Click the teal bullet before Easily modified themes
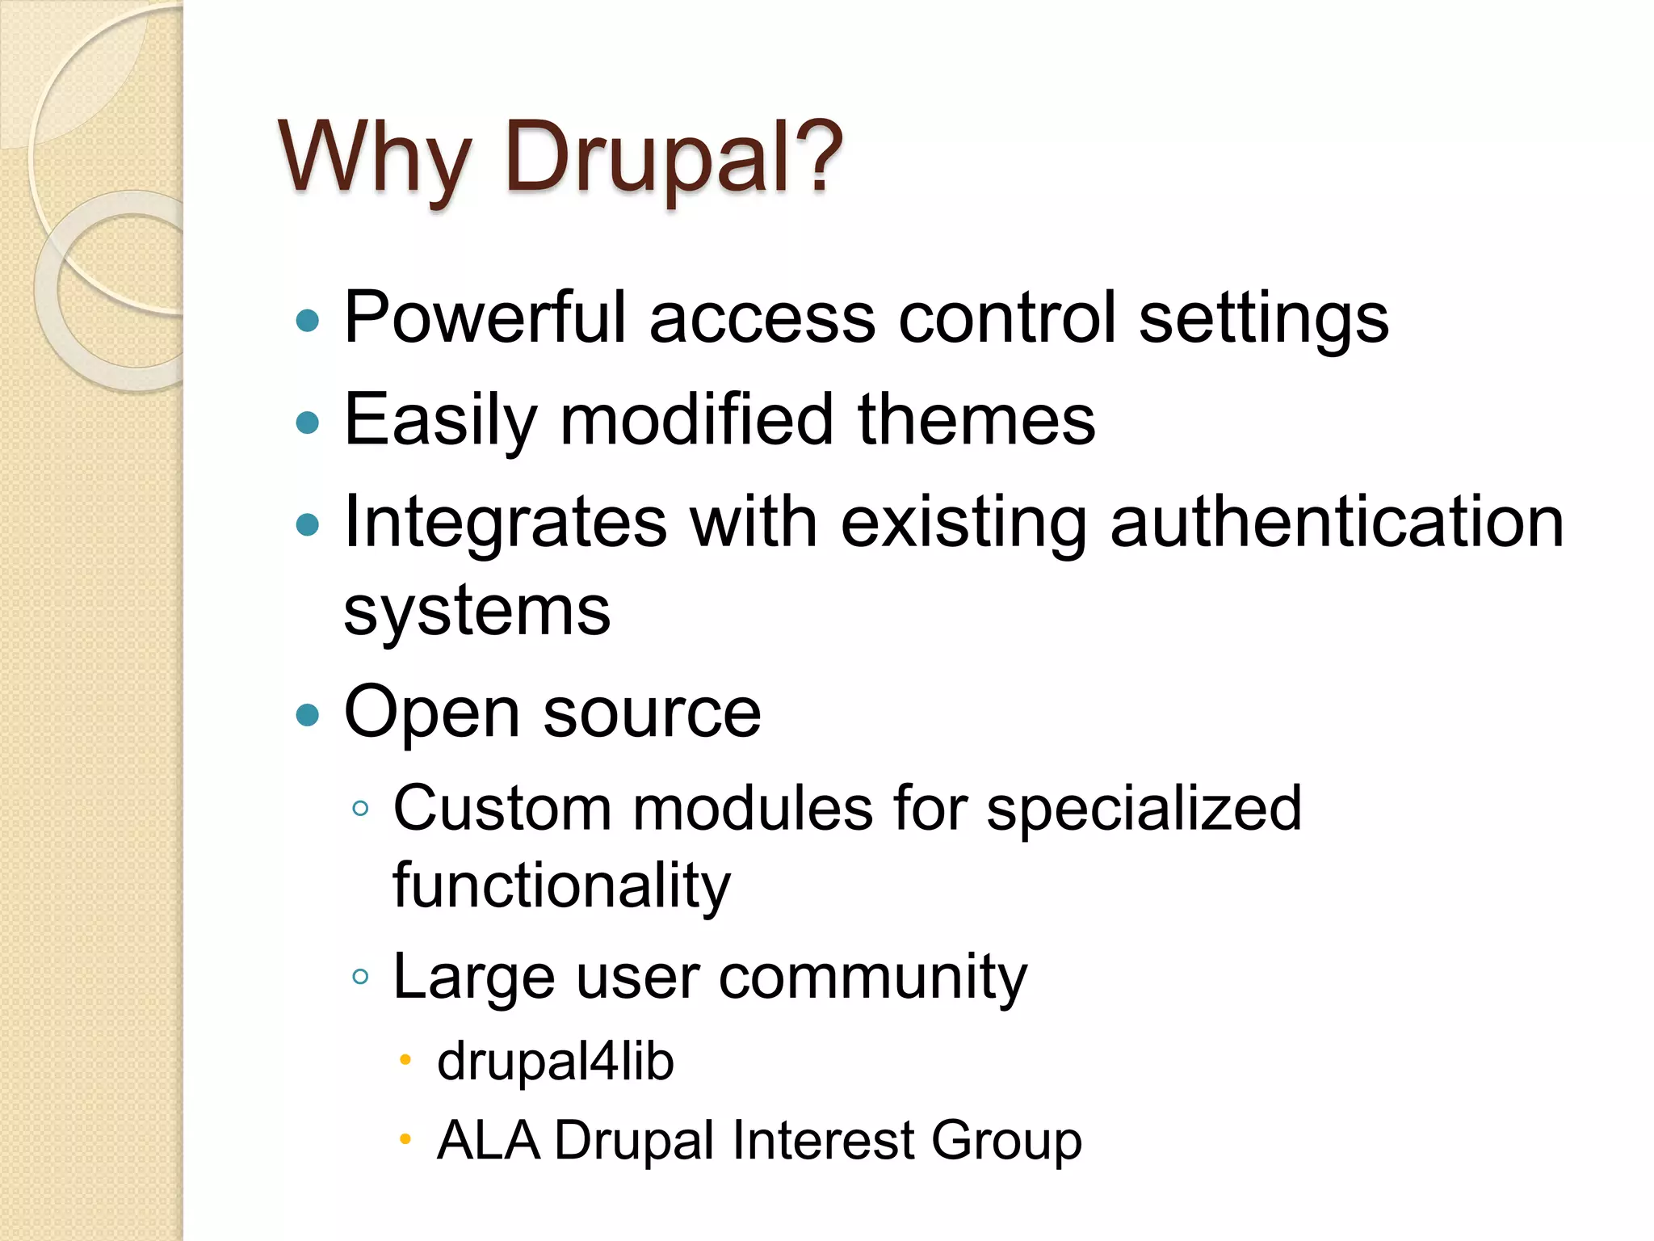pyautogui.click(x=308, y=422)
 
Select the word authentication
pyautogui.click(x=1337, y=522)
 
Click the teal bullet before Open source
pyautogui.click(x=308, y=714)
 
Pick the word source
pyautogui.click(x=652, y=713)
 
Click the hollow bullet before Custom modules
pyautogui.click(x=361, y=808)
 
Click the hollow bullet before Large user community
pyautogui.click(x=361, y=977)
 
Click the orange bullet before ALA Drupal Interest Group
pyautogui.click(x=405, y=1139)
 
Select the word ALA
pyautogui.click(x=487, y=1140)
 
